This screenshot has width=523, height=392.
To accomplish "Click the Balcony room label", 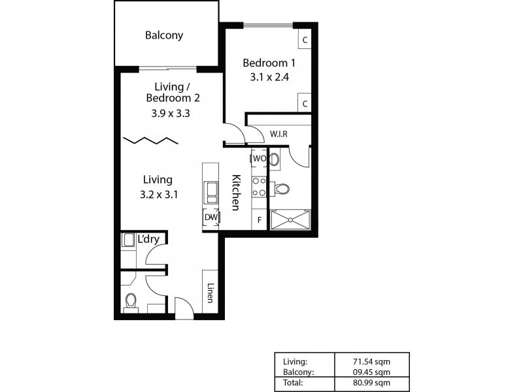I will coord(164,35).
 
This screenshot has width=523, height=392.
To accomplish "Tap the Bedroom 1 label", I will coord(269,63).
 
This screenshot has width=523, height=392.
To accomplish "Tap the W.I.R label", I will coord(279,134).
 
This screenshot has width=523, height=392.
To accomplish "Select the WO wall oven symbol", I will coord(259,159).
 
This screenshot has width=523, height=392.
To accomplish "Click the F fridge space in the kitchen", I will coord(259,220).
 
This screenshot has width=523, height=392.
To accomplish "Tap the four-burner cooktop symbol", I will coord(260,187).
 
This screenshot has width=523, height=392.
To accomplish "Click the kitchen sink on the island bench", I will coord(211,191).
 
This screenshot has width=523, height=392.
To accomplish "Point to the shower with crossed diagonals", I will coord(290,220).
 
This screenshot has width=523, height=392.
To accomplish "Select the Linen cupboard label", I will coord(211,291).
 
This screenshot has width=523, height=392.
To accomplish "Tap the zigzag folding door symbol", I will coord(150,140).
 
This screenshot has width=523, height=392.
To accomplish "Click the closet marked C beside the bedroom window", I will coord(305,39).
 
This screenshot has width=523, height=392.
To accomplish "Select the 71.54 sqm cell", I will coord(371,361).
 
